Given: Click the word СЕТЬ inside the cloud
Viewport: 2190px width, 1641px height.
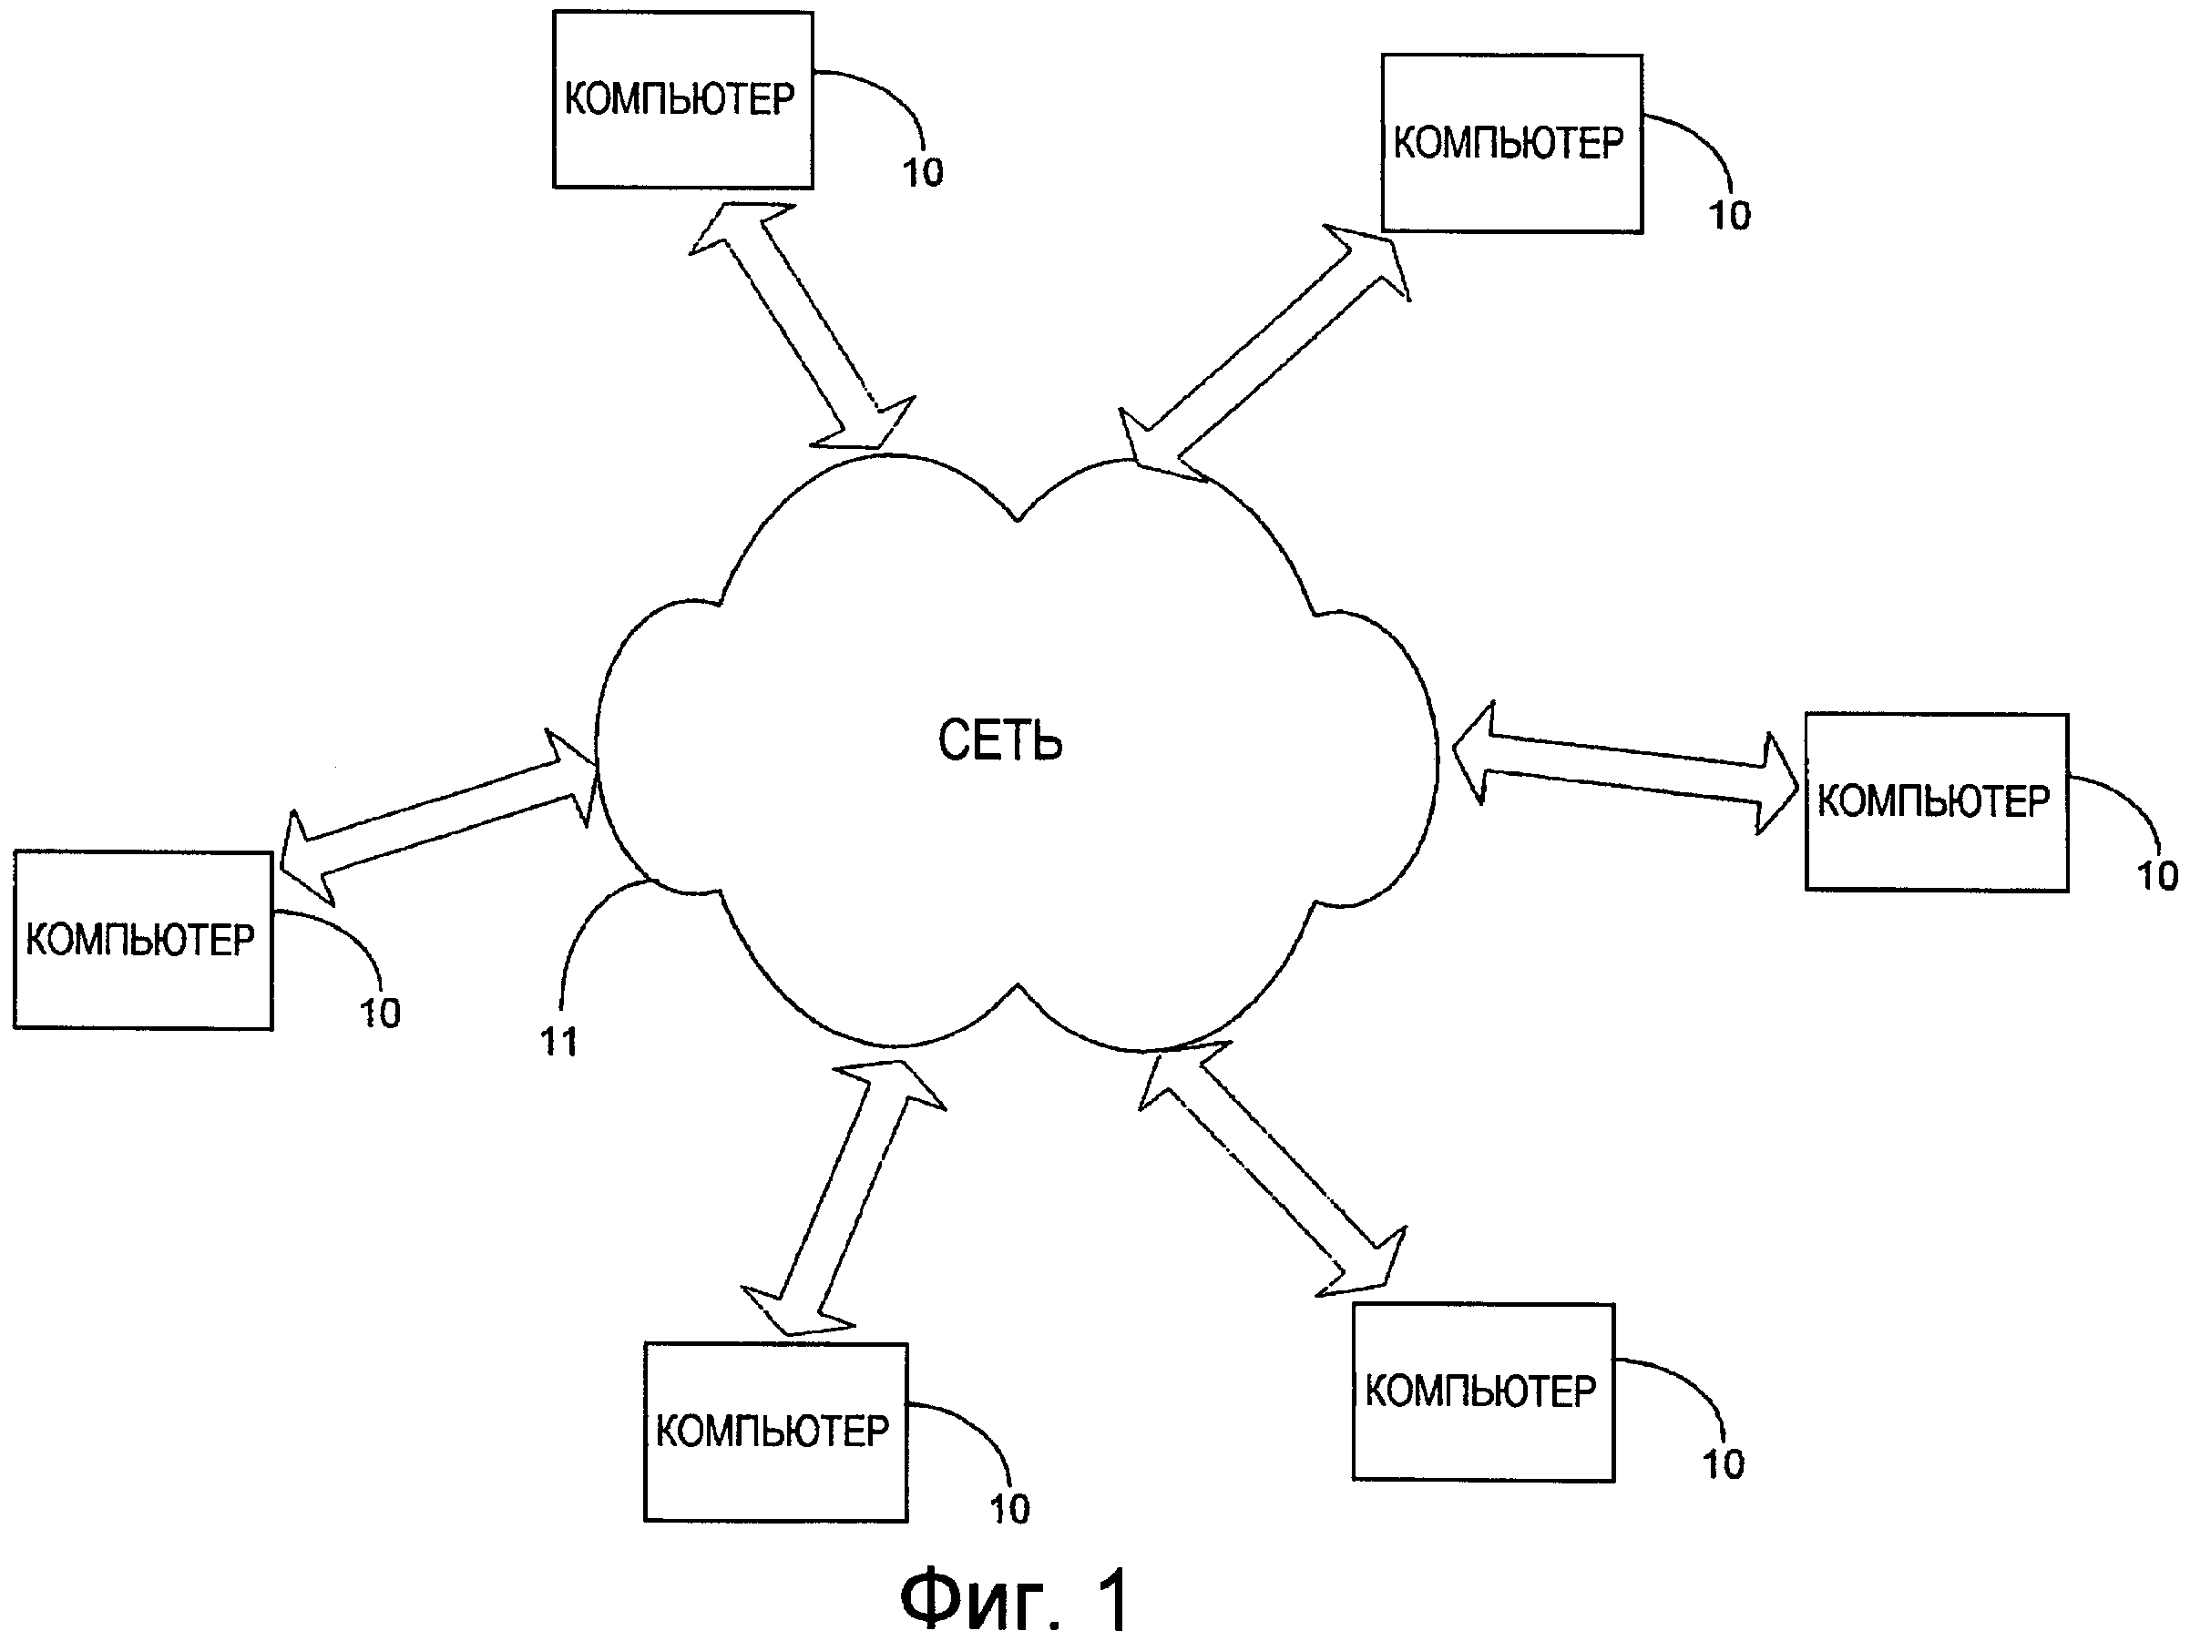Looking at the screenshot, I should click(1000, 741).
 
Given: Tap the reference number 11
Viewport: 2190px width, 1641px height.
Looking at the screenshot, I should click(558, 1041).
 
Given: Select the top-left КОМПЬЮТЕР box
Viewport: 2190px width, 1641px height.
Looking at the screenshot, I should click(682, 99).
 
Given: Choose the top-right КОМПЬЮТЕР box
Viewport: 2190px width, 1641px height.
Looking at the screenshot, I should click(1510, 144).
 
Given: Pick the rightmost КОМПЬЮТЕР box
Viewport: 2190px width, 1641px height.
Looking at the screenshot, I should click(1936, 801).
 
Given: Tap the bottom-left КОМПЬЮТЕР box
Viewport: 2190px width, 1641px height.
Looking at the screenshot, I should click(775, 1432).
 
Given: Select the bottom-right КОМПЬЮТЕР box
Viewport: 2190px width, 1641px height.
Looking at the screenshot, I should click(1483, 1391).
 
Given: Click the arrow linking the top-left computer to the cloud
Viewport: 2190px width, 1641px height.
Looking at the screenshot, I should click(802, 326).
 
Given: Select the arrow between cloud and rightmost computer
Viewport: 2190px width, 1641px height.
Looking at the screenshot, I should click(1623, 768).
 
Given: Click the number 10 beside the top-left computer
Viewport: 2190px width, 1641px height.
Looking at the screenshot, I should click(923, 173).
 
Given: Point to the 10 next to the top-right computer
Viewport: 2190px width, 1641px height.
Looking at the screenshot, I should click(1730, 216).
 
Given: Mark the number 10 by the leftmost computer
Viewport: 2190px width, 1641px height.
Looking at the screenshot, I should click(379, 1014).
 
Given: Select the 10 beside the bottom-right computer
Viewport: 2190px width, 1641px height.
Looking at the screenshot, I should click(1723, 1465).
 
